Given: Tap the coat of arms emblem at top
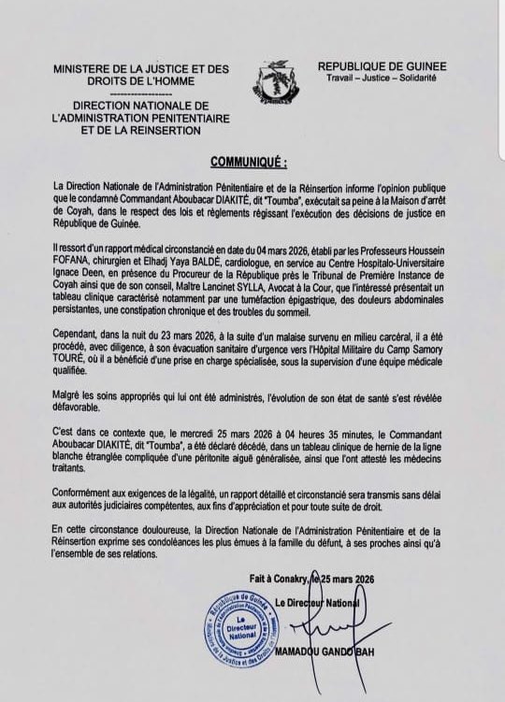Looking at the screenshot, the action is (264, 80).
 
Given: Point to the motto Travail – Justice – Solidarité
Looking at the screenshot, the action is (381, 79).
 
